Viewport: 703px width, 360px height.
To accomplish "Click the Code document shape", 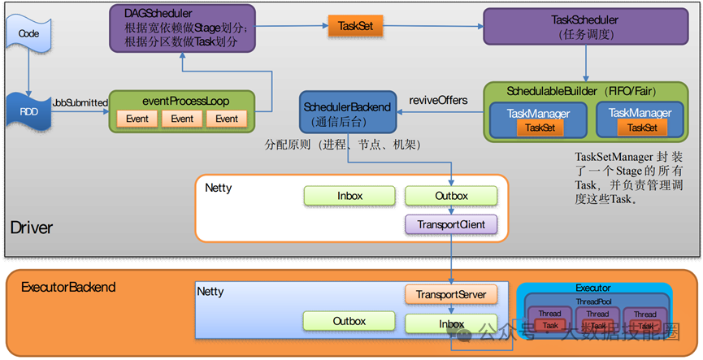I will [28, 34].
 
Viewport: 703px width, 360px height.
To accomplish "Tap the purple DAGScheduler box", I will [182, 28].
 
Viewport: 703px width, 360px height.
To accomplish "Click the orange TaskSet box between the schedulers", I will [355, 26].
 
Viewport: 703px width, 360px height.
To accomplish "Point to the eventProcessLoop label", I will [185, 102].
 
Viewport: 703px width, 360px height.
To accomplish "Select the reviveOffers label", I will [438, 100].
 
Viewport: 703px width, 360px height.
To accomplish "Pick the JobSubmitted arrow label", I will [80, 102].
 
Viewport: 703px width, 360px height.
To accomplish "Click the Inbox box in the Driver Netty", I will [349, 196].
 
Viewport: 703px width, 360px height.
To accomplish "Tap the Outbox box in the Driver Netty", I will [450, 196].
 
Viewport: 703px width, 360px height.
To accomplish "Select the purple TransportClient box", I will [450, 224].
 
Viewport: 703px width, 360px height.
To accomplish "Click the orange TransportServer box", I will [450, 294].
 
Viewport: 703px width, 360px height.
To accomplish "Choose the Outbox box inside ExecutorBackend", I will [349, 321].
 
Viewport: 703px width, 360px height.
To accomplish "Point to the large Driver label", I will [32, 228].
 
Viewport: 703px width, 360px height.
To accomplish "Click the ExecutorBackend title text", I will [68, 287].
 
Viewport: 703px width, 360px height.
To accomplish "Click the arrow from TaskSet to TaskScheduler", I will [432, 26].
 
